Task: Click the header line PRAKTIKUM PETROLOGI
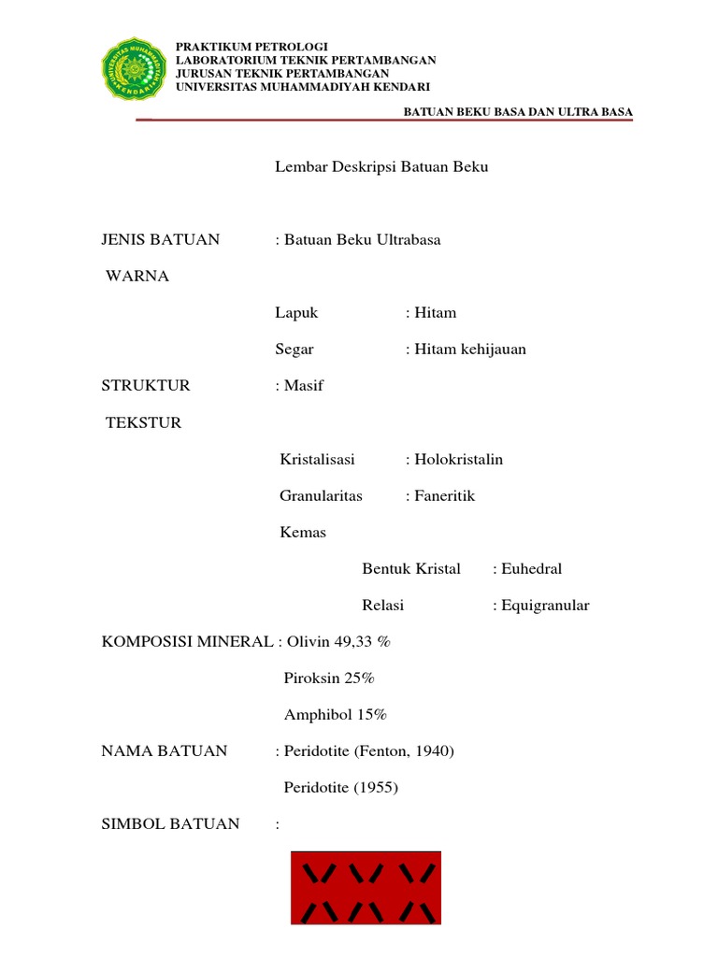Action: point(252,47)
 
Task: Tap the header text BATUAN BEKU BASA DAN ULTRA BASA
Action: point(518,112)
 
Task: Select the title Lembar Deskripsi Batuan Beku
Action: point(381,167)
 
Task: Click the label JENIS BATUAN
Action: point(160,240)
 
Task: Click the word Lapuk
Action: point(297,313)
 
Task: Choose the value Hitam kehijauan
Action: point(469,350)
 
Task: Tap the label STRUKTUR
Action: point(146,386)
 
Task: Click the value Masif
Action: point(303,386)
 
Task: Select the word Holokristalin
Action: point(458,460)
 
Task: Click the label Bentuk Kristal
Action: point(411,569)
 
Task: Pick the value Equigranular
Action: point(545,606)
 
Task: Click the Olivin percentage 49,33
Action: point(355,642)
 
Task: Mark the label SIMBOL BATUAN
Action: point(170,824)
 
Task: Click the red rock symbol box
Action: point(366,888)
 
